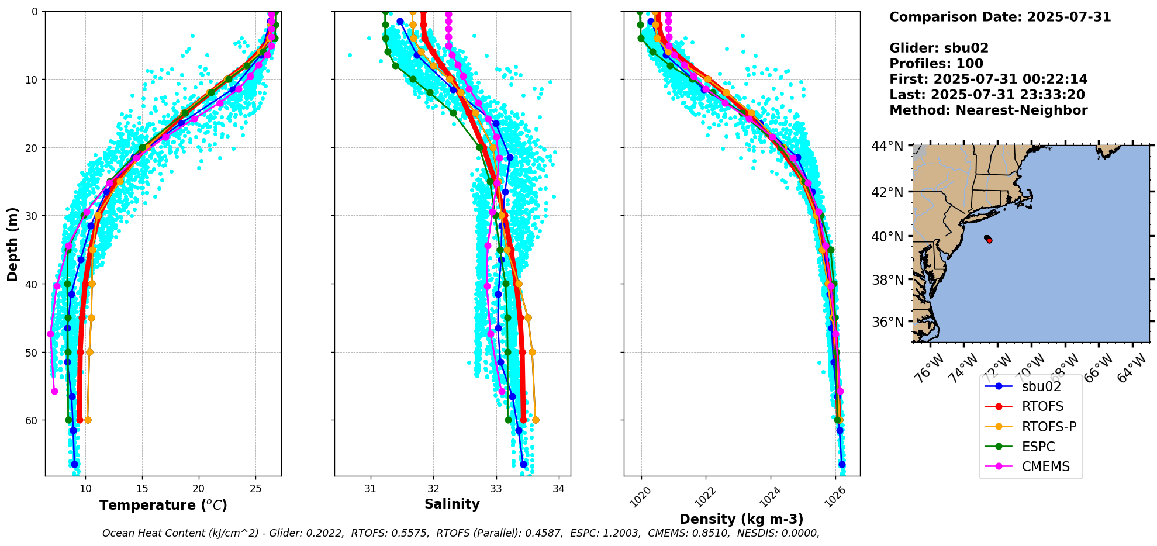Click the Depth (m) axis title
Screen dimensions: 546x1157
[x=13, y=244]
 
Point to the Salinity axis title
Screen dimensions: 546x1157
[x=452, y=504]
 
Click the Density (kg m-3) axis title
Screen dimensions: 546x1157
[x=741, y=519]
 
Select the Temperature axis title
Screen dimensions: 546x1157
[x=163, y=505]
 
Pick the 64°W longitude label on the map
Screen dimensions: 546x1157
[x=1133, y=369]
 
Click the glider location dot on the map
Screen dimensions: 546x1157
[x=989, y=240]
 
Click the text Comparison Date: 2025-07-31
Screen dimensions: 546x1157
[x=1000, y=17]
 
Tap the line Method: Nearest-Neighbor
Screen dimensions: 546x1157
[x=988, y=110]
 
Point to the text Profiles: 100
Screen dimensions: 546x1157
[x=936, y=64]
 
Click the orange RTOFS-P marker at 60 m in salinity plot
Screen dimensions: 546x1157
[x=536, y=420]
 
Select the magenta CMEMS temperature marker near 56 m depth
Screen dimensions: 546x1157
[x=54, y=391]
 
